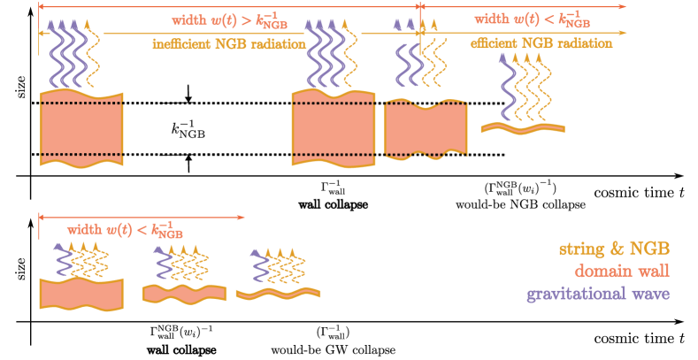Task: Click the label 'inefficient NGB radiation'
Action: [x=230, y=43]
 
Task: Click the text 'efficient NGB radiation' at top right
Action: [x=525, y=43]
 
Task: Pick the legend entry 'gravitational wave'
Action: [x=597, y=294]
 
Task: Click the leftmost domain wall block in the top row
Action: [x=81, y=128]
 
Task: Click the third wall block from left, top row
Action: [x=426, y=131]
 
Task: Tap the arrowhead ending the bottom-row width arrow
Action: [x=242, y=217]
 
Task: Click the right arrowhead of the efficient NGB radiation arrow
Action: [x=624, y=33]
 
